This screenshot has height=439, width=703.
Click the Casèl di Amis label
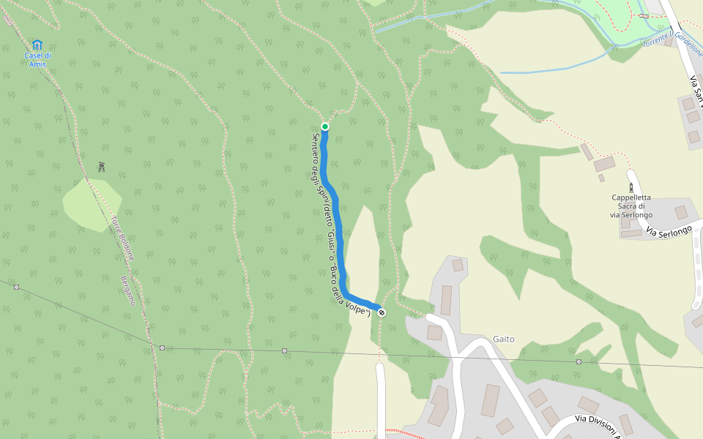37,59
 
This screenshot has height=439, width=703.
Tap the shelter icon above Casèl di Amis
37,45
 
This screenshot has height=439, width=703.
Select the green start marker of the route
325,127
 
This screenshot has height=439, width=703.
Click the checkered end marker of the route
382,312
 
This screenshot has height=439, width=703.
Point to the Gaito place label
504,339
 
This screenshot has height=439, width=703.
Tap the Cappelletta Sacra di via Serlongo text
631,206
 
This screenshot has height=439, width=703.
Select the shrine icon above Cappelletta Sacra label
631,187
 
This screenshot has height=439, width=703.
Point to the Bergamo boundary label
128,290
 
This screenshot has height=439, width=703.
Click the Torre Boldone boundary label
123,238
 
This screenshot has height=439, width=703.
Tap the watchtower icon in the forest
101,167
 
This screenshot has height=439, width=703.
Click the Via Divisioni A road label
602,424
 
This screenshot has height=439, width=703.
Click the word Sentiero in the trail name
316,149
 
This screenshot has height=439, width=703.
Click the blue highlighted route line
333,205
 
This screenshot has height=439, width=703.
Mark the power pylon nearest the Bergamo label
162,348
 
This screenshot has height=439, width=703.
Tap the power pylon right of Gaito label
579,361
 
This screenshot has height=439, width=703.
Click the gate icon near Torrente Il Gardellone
643,15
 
